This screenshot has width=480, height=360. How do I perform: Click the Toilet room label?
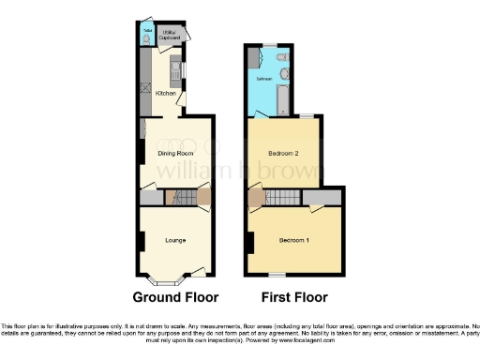click(146, 28)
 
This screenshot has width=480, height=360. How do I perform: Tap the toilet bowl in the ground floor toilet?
click(146, 39)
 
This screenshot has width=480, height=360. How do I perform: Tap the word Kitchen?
click(165, 94)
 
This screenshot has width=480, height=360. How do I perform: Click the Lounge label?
click(175, 241)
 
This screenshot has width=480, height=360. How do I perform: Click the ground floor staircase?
click(187, 197)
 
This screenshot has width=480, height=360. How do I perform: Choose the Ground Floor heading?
click(175, 298)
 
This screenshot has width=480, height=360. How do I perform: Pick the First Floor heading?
click(295, 298)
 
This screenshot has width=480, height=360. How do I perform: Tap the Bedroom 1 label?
click(296, 241)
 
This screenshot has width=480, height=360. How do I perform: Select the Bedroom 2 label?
click(283, 153)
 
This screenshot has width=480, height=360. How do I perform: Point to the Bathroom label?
click(264, 79)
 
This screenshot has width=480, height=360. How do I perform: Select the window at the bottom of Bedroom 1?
click(277, 275)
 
